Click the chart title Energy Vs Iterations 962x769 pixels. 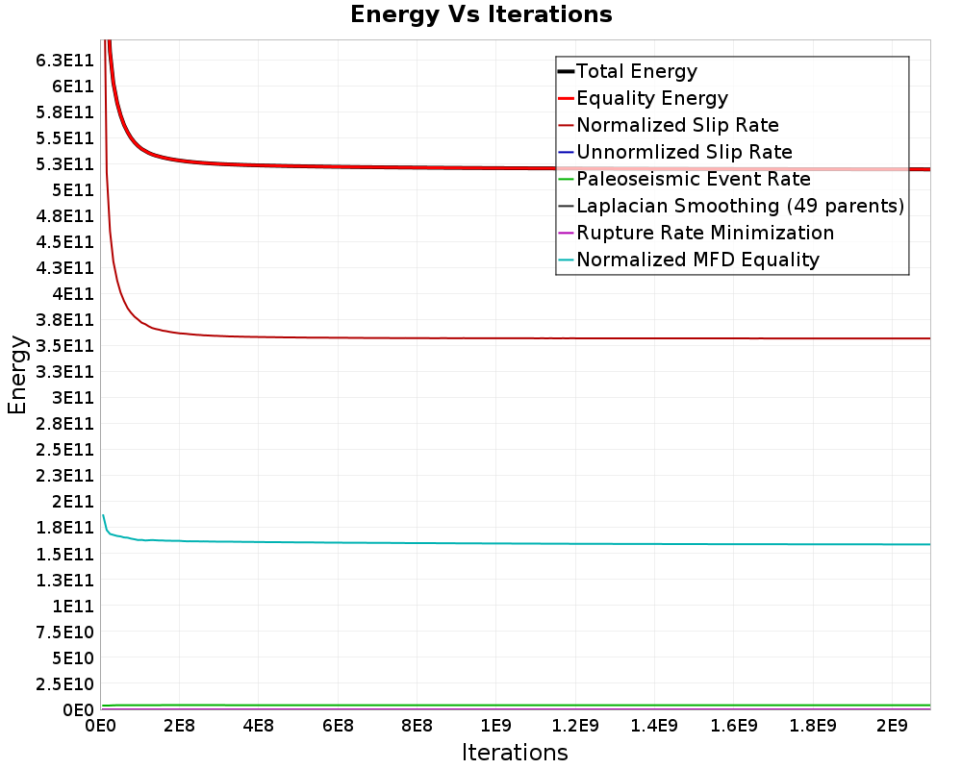point(481,14)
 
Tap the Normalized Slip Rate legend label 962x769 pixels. point(677,125)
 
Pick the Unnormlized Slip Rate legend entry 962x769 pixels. point(684,152)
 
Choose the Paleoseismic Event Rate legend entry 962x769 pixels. point(694,179)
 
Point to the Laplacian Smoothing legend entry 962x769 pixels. point(740,206)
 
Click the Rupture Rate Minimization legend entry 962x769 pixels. point(705,233)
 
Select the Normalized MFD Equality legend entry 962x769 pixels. point(697,260)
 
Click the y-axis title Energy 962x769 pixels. point(17,375)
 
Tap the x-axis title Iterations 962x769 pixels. point(515,753)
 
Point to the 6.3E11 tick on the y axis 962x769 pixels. point(65,61)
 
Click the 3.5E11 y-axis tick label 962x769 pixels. point(65,346)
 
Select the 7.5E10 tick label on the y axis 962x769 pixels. point(65,633)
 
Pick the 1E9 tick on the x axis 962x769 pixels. point(495,726)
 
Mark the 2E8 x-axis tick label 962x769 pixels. point(179,726)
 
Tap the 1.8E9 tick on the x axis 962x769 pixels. point(812,726)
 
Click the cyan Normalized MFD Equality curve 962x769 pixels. point(516,543)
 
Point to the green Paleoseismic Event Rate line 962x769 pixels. point(516,706)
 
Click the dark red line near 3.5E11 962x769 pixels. point(516,338)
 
